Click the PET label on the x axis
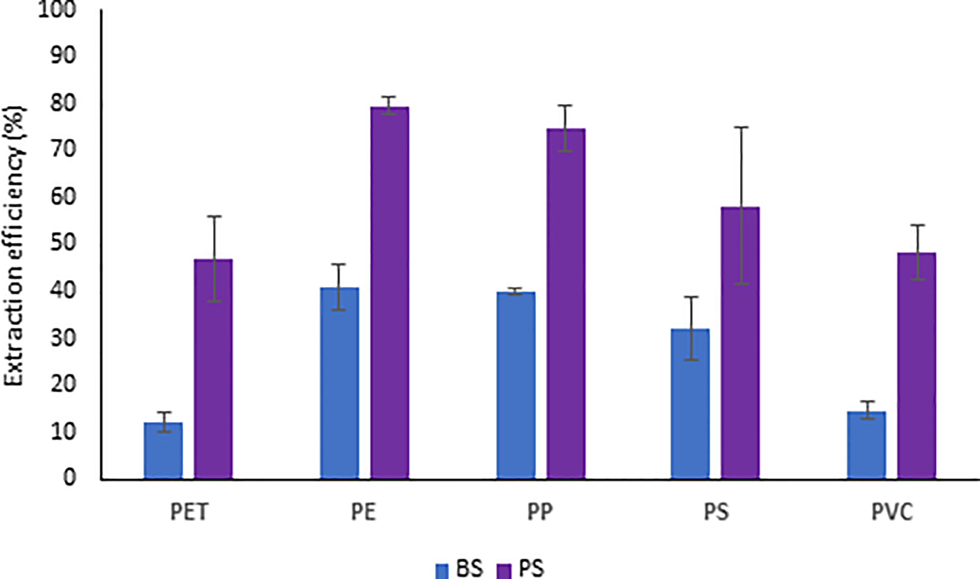pyautogui.click(x=189, y=512)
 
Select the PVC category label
pyautogui.click(x=892, y=512)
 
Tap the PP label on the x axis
pyautogui.click(x=540, y=512)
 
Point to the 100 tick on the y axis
pyautogui.click(x=57, y=10)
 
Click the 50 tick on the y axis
pyautogui.click(x=63, y=243)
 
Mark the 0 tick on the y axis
pyautogui.click(x=70, y=477)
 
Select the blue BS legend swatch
pyautogui.click(x=442, y=571)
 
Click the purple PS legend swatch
pyautogui.click(x=504, y=571)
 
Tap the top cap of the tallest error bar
pyautogui.click(x=741, y=127)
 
